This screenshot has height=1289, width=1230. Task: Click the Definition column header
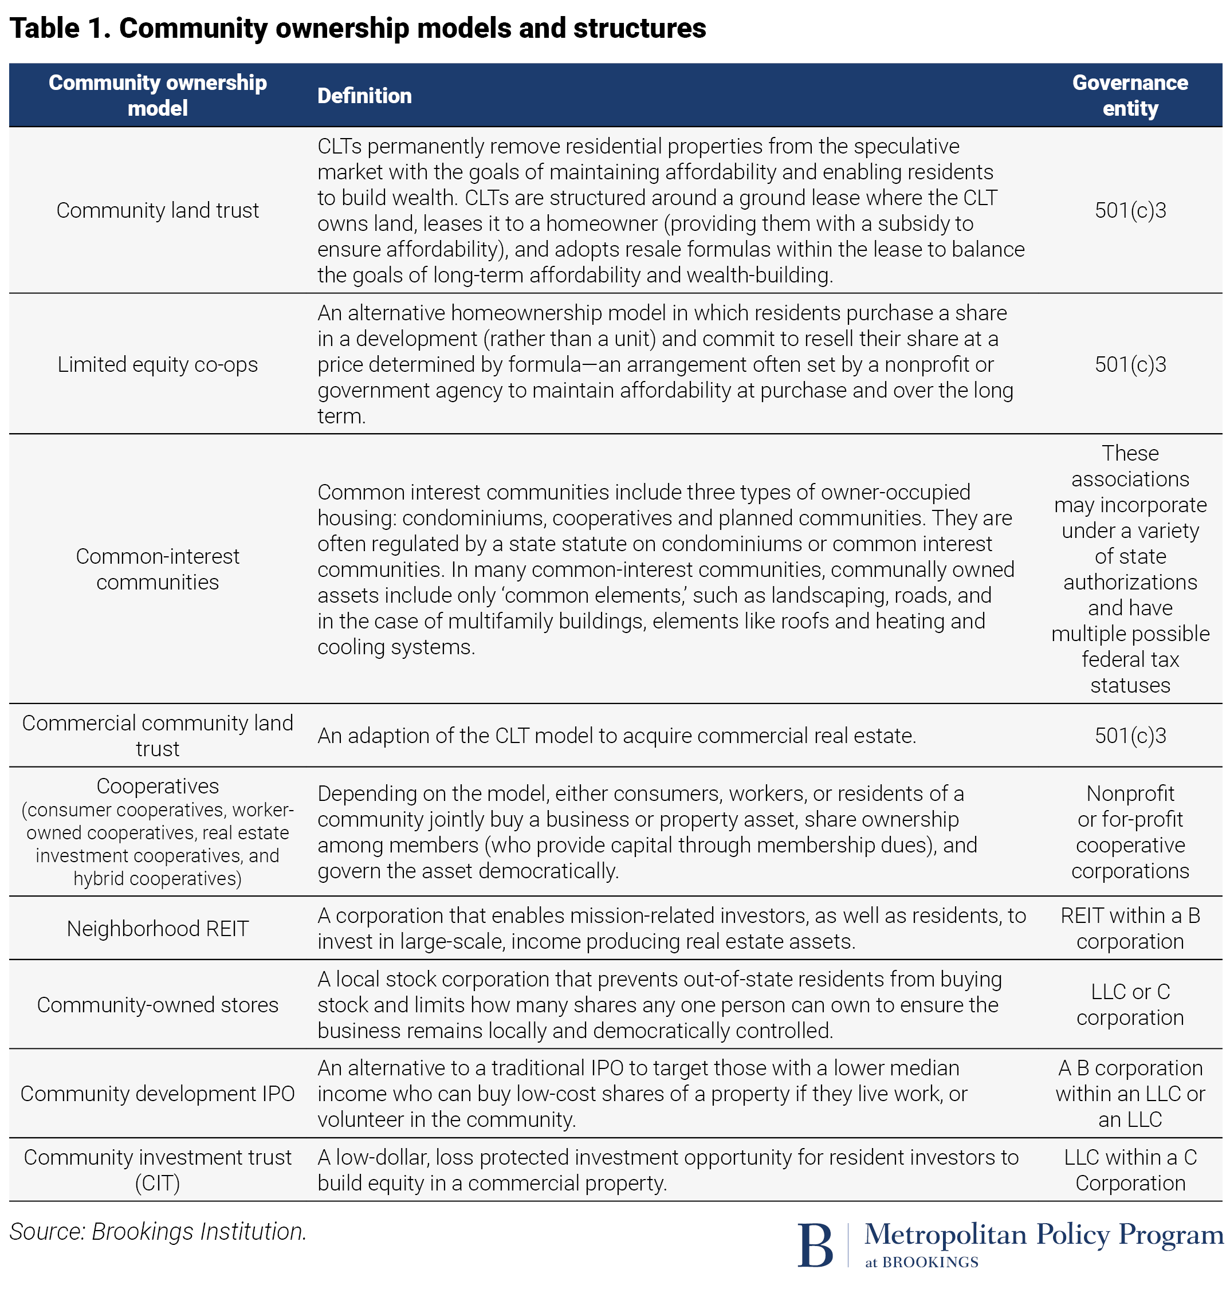[x=364, y=96]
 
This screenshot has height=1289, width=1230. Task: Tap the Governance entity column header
[x=1130, y=95]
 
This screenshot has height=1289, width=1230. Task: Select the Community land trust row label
[x=158, y=210]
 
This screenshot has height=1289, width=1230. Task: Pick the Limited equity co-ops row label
[x=158, y=364]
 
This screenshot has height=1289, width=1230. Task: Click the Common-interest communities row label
[x=158, y=569]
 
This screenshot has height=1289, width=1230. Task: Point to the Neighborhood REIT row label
[x=158, y=929]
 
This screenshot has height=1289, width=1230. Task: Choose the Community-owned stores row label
[x=158, y=1004]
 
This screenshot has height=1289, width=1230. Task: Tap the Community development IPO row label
[x=158, y=1094]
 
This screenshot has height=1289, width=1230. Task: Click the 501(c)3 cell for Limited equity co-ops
[x=1130, y=364]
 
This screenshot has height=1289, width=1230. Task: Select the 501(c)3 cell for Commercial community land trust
[x=1130, y=736]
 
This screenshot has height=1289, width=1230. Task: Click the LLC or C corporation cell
[x=1130, y=1004]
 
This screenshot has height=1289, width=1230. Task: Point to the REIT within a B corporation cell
[x=1130, y=929]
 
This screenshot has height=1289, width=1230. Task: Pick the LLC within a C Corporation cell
[x=1130, y=1170]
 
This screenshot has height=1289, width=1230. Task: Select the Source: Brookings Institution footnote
[x=158, y=1232]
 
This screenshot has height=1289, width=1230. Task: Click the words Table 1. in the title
[x=60, y=28]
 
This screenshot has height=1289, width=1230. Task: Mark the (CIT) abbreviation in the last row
[x=158, y=1184]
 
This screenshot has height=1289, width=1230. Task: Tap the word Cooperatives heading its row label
[x=158, y=786]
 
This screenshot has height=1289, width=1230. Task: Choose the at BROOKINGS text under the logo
[x=921, y=1263]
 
